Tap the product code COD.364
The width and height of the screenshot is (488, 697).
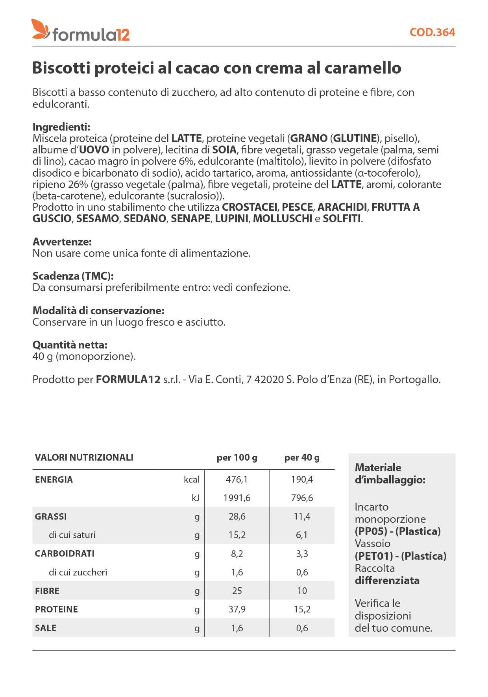pos(432,32)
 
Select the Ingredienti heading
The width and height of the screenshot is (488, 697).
pos(61,127)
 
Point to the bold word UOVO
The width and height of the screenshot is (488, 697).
pos(94,150)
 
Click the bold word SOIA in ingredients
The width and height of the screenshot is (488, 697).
pos(224,150)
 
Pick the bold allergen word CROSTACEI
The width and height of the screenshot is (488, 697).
pos(250,207)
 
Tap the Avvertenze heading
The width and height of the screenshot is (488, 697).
pos(62,242)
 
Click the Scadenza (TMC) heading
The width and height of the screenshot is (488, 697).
pos(73,276)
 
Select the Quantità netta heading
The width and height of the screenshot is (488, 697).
pos(70,345)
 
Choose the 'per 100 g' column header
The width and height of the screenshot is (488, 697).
pos(237,457)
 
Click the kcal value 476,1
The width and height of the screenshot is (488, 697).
pos(237,479)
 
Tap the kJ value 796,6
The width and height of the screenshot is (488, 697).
pos(302,498)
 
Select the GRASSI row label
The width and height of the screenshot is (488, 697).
pos(51,516)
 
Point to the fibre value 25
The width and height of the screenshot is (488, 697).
pos(237,591)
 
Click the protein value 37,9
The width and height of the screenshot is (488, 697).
pos(237,609)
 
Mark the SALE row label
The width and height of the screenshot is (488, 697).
pos(46,628)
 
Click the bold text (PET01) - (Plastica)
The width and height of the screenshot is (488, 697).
pos(401,556)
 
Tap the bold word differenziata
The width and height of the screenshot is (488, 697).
pos(387,581)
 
